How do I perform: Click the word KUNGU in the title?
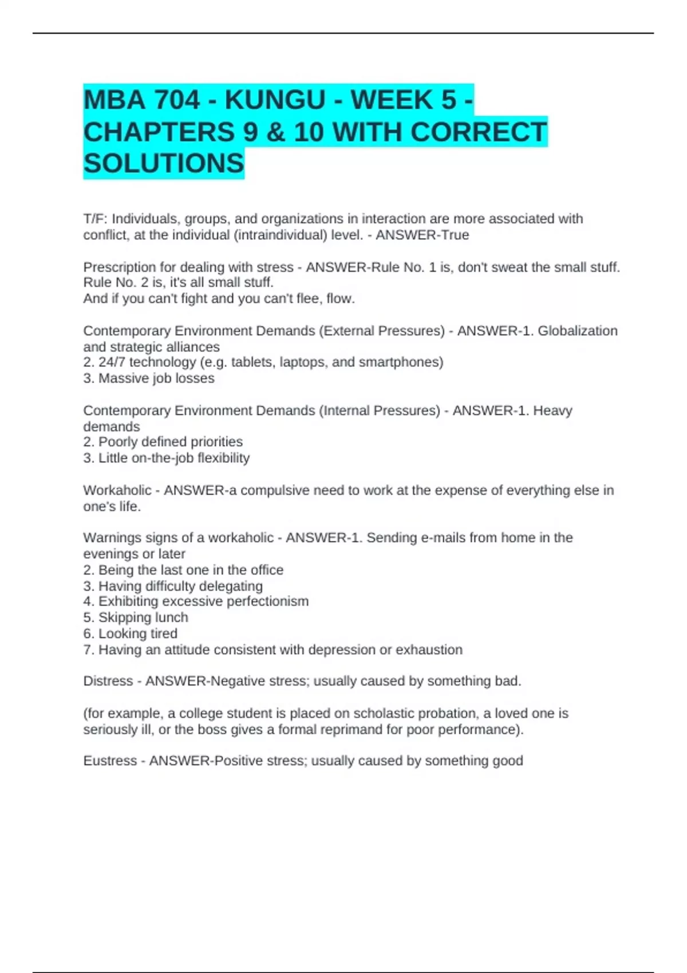pyautogui.click(x=275, y=100)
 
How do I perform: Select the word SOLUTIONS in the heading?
pyautogui.click(x=164, y=164)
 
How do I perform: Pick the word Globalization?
pyautogui.click(x=578, y=331)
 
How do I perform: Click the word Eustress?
pyautogui.click(x=110, y=761)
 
